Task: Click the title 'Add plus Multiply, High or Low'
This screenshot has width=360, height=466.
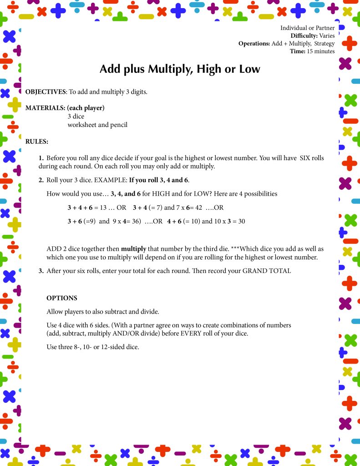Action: pyautogui.click(x=180, y=69)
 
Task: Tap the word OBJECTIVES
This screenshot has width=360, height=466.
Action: pyautogui.click(x=46, y=92)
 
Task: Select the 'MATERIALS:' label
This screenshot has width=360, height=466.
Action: pyautogui.click(x=45, y=108)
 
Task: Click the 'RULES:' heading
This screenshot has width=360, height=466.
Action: pyautogui.click(x=37, y=142)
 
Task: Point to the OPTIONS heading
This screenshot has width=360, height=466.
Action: pyautogui.click(x=62, y=298)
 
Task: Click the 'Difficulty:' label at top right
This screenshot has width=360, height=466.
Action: pyautogui.click(x=304, y=35)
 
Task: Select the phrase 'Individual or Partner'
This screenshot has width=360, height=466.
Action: pyautogui.click(x=307, y=28)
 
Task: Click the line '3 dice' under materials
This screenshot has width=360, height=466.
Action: pyautogui.click(x=76, y=116)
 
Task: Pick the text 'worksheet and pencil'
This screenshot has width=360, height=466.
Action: pyautogui.click(x=97, y=125)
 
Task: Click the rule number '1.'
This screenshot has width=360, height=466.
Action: pyautogui.click(x=41, y=158)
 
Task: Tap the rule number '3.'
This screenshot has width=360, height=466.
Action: pyautogui.click(x=41, y=271)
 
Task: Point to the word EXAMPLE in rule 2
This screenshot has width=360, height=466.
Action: pyautogui.click(x=111, y=180)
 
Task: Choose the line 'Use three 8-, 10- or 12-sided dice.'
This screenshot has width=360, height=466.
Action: pyautogui.click(x=92, y=347)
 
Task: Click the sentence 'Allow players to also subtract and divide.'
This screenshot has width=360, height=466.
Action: pyautogui.click(x=109, y=312)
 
